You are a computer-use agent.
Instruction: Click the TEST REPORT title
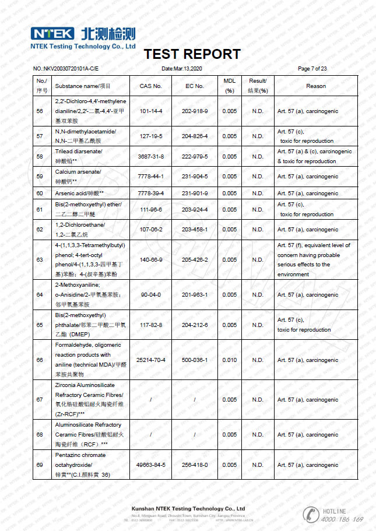192,54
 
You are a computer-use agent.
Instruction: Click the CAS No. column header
150,86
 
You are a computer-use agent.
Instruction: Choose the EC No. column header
195,86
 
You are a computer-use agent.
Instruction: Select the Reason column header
315,86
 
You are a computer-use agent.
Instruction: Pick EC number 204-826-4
195,136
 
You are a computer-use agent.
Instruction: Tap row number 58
40,156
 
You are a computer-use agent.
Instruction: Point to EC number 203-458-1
195,230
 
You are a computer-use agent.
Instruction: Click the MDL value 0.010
230,360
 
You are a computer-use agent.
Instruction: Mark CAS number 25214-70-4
151,360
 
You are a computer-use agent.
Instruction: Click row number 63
40,260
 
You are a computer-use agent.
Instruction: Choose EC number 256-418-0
195,465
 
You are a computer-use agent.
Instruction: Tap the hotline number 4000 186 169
342,519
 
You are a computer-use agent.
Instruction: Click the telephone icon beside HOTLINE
310,514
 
